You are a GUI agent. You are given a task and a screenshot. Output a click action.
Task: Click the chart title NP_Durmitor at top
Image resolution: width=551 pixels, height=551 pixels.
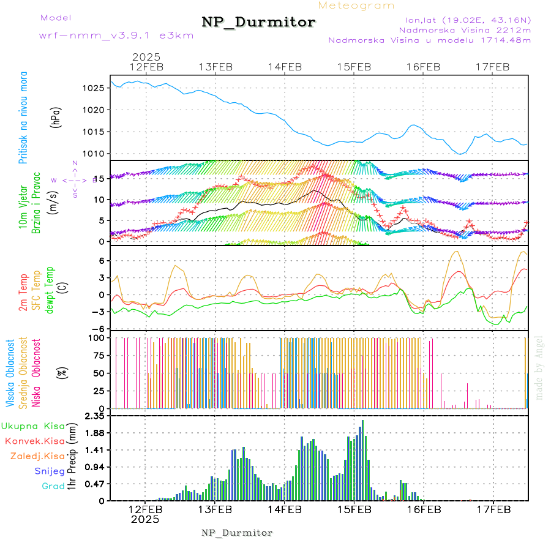tap(258, 23)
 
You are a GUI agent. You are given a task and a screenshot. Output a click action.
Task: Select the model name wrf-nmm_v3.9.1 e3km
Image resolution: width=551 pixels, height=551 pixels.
tap(116, 35)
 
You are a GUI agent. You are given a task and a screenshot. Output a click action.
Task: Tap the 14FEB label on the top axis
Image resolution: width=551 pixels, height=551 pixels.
tap(285, 67)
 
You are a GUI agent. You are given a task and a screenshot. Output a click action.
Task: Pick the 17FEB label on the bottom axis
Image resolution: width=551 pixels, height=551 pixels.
tap(493, 509)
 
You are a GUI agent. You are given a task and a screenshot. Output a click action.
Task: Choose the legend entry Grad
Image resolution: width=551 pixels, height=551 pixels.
tap(53, 486)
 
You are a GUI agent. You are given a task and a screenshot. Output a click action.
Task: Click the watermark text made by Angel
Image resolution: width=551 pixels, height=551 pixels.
tap(539, 367)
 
